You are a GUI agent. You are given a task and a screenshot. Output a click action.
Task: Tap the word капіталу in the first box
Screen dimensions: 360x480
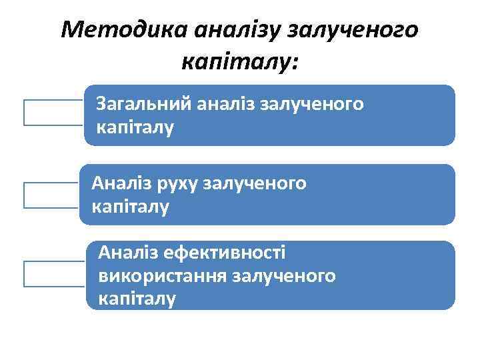135,127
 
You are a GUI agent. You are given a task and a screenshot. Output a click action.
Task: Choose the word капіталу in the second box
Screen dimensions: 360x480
131,207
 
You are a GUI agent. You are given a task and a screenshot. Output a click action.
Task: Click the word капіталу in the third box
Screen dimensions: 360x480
137,298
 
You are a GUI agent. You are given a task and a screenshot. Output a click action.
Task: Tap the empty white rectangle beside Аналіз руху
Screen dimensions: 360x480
51,195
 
